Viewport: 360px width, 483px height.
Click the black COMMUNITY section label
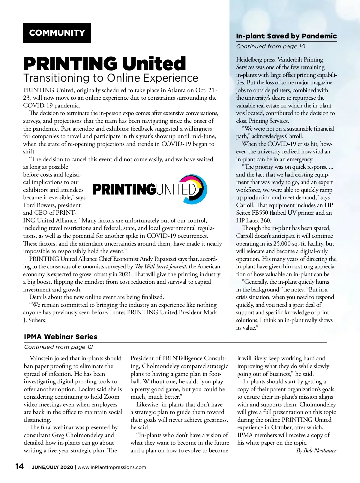pyautogui.click(x=57, y=33)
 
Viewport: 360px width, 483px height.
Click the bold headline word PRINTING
pyautogui.click(x=70, y=64)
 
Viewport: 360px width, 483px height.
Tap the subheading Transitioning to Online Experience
pyautogui.click(x=111, y=78)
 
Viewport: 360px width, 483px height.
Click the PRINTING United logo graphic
pyautogui.click(x=150, y=189)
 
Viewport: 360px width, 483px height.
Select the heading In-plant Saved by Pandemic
pyautogui.click(x=286, y=36)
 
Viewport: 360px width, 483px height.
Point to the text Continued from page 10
pyautogui.click(x=271, y=47)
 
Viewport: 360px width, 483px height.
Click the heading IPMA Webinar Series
pyautogui.click(x=61, y=337)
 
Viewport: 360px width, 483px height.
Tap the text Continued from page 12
pyautogui.click(x=58, y=347)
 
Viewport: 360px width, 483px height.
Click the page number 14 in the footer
pyautogui.click(x=19, y=466)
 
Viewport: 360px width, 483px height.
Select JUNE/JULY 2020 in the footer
pyautogui.click(x=52, y=467)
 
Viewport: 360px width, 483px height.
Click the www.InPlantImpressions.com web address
pyautogui.click(x=112, y=467)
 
